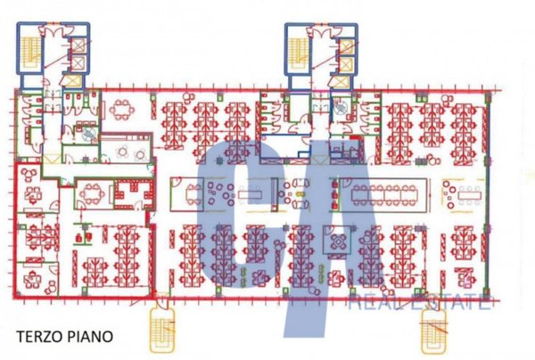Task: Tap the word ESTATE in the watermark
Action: coord(450,304)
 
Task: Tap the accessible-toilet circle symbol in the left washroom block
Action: coord(90,130)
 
